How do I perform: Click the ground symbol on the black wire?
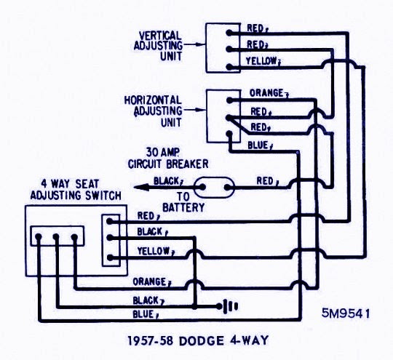(228, 306)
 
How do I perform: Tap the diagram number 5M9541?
(346, 313)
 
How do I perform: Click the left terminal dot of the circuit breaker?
(202, 187)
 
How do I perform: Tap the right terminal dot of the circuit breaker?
(227, 187)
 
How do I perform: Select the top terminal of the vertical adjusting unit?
(229, 33)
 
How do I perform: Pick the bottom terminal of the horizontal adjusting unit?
(229, 134)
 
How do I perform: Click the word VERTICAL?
(160, 36)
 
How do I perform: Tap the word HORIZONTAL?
(153, 100)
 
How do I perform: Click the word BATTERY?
(183, 207)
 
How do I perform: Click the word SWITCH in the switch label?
(103, 196)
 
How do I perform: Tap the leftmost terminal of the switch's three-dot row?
(39, 236)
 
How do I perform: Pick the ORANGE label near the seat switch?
(149, 282)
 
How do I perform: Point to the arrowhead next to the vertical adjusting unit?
(201, 44)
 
